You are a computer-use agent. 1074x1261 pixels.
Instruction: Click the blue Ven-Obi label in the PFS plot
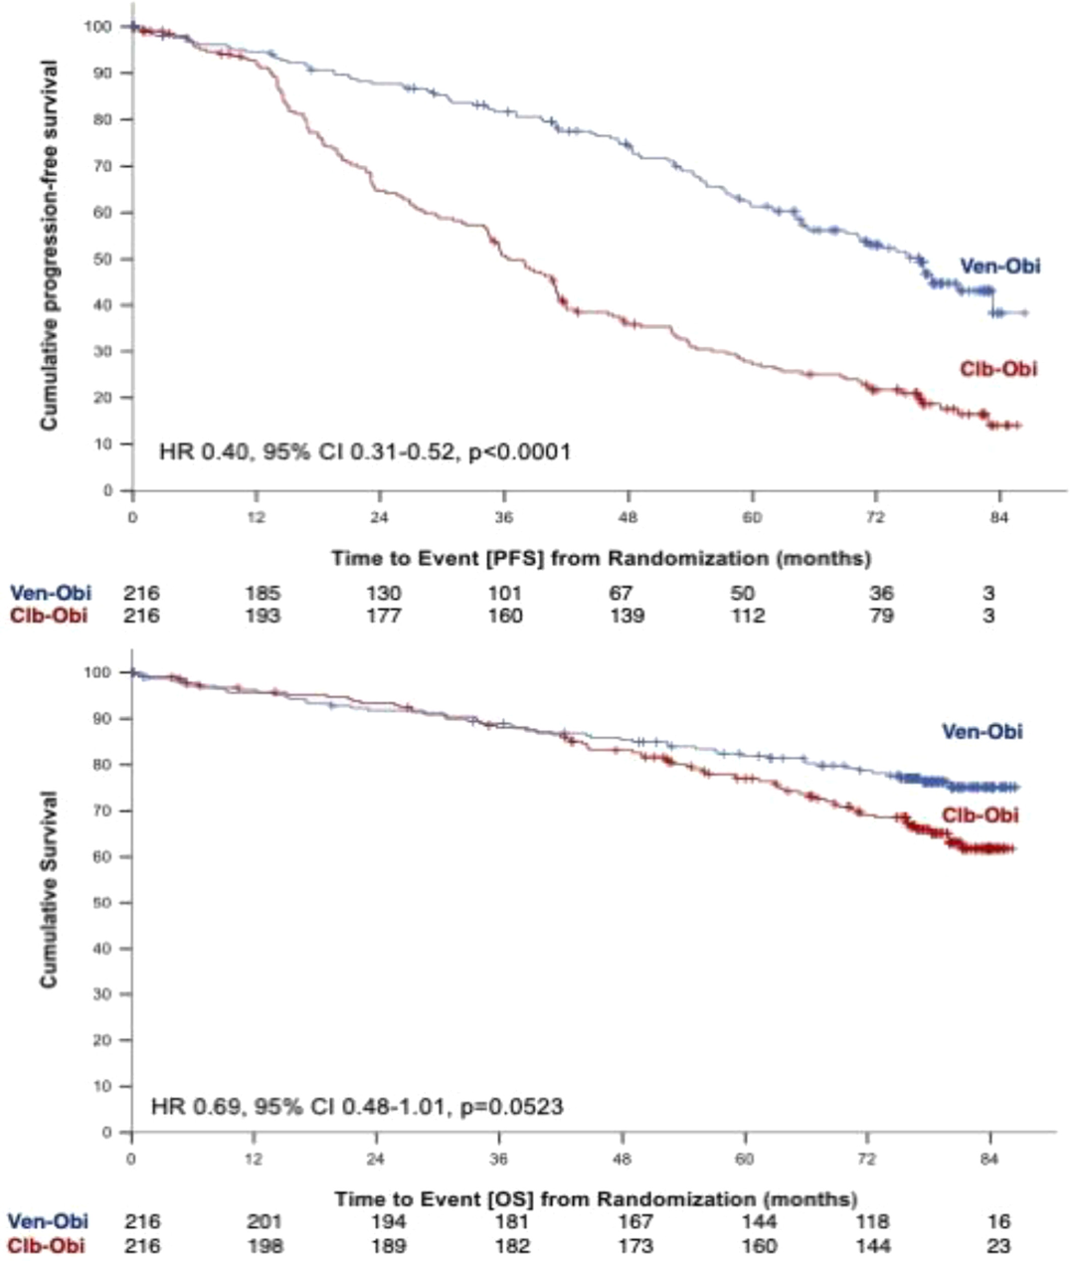(999, 266)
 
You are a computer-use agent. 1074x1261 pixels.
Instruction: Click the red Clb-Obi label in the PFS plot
(997, 369)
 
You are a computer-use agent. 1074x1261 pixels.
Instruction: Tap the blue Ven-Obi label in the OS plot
(982, 732)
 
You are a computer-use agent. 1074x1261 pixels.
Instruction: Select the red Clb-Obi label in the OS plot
(981, 815)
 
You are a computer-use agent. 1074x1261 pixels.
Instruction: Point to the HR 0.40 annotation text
(365, 452)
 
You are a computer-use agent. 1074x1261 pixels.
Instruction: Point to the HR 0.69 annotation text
(357, 1106)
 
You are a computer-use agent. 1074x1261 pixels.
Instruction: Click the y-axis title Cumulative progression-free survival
(49, 246)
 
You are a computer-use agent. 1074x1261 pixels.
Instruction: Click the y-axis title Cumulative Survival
(49, 890)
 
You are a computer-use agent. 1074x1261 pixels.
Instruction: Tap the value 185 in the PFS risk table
(263, 594)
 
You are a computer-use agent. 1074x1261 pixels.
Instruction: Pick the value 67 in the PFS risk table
(622, 594)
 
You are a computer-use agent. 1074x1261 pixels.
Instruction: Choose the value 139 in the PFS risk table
(626, 616)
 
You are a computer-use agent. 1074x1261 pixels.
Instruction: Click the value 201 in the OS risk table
(264, 1222)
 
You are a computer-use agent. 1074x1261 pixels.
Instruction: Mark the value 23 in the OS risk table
(998, 1245)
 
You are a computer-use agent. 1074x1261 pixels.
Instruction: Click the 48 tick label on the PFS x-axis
(628, 518)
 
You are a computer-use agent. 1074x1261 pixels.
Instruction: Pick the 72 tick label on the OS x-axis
(868, 1159)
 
